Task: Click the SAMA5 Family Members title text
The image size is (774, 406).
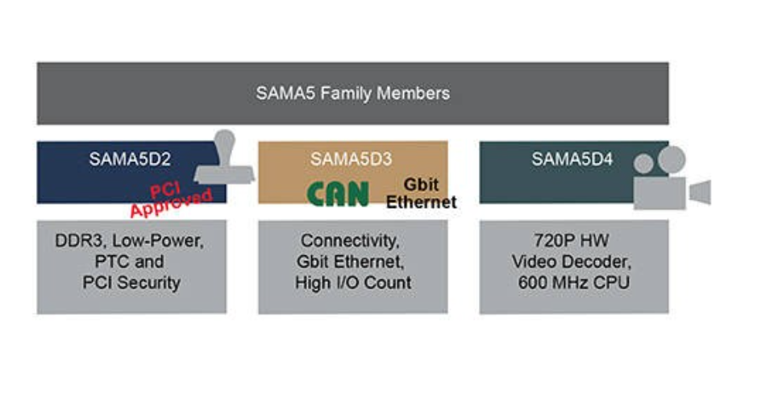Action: [x=352, y=93]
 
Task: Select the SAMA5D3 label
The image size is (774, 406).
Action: [x=352, y=159]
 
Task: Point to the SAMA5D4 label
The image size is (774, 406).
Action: [x=572, y=159]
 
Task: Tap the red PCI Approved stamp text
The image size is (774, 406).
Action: [x=172, y=200]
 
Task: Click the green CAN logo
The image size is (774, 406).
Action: [x=338, y=194]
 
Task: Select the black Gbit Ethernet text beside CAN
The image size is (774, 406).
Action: [x=421, y=193]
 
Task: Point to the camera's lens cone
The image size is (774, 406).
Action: [x=700, y=193]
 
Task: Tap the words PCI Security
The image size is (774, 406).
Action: [x=131, y=283]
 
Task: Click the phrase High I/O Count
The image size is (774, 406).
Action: [x=352, y=283]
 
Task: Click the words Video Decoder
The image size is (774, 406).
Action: [x=574, y=262]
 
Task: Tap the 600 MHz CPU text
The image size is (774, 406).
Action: [x=574, y=283]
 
